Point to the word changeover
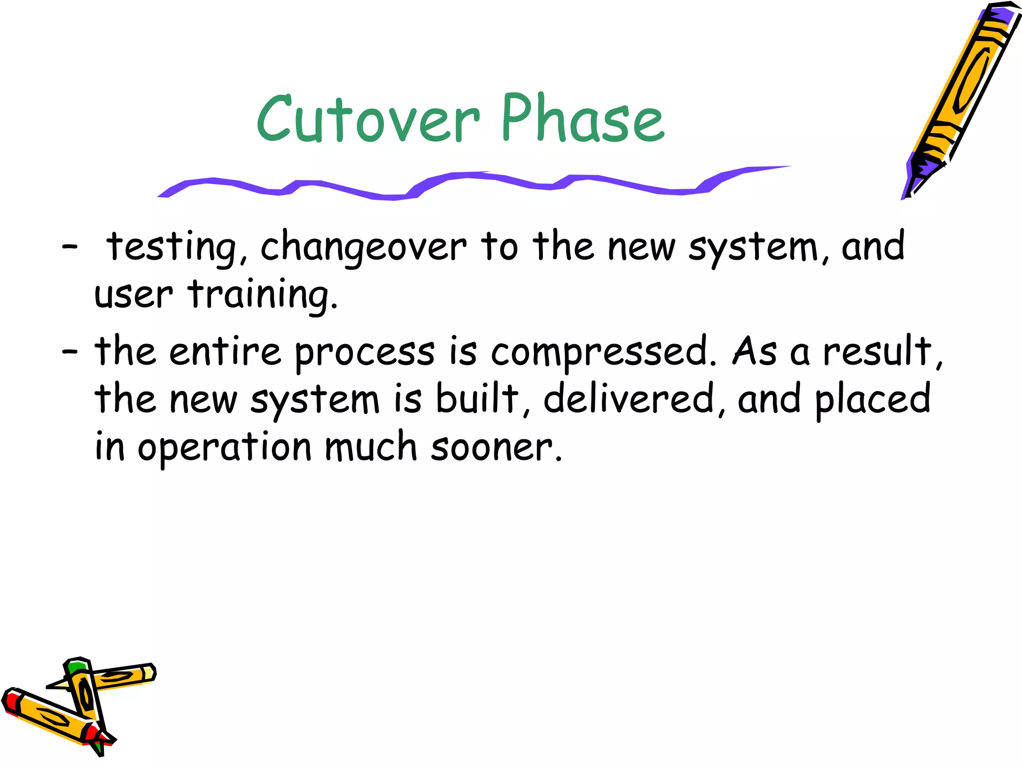coord(363,247)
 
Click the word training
coord(263,295)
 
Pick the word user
coord(133,295)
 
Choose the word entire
coord(225,352)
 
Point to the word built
coord(478,399)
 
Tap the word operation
coord(225,447)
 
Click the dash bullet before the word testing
coord(69,246)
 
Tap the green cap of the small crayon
coord(78,666)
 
